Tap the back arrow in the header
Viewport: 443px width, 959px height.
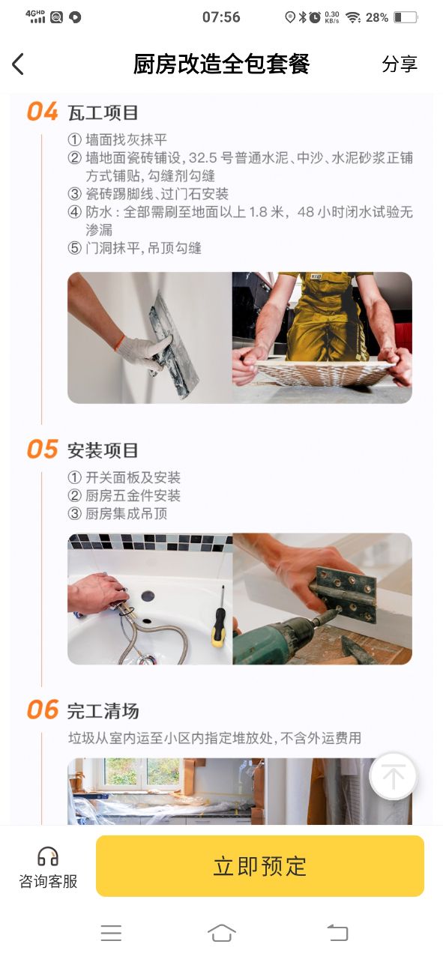[17, 64]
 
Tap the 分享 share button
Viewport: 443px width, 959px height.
[400, 64]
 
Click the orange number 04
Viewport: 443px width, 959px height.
[42, 112]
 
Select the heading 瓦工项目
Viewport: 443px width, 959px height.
[103, 113]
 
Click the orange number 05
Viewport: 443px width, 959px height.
[42, 449]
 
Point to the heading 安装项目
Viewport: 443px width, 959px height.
[103, 450]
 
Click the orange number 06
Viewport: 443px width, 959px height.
[42, 710]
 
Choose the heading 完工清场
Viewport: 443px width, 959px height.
[103, 711]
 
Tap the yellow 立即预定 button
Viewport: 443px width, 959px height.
[260, 865]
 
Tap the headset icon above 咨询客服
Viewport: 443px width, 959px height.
[47, 856]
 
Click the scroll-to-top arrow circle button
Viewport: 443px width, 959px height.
[393, 775]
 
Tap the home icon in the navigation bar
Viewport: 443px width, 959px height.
[222, 933]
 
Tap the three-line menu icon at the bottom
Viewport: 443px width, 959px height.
[111, 933]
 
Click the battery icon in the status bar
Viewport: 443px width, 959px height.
[406, 17]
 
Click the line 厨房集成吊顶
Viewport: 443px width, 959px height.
[127, 513]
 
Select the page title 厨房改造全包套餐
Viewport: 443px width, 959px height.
[221, 64]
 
